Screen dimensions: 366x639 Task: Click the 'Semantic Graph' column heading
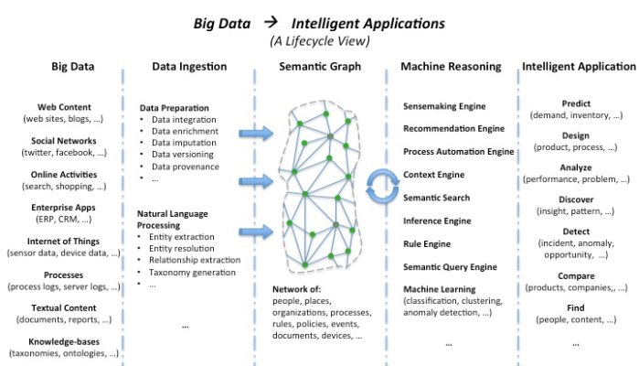320,67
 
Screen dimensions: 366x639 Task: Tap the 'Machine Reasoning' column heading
451,67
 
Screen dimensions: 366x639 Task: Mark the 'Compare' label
576,275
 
